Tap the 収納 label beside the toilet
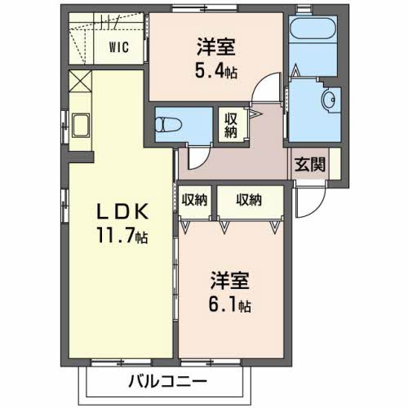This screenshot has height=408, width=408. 230,125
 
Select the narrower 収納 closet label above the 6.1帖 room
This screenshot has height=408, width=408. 193,198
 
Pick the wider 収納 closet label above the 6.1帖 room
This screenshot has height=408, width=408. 250,198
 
